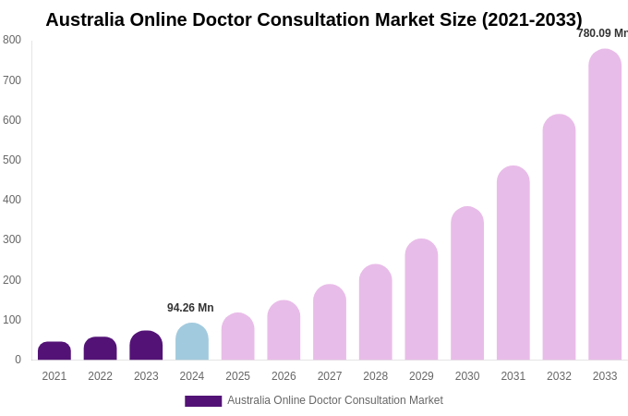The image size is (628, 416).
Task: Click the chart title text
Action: pyautogui.click(x=314, y=19)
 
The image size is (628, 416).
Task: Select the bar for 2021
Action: pyautogui.click(x=54, y=351)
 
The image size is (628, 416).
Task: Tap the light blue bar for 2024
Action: pyautogui.click(x=192, y=342)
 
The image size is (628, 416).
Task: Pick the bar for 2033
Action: pyautogui.click(x=605, y=205)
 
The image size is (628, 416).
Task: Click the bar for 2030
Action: pyautogui.click(x=467, y=284)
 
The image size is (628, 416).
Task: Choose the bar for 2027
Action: pyautogui.click(x=330, y=323)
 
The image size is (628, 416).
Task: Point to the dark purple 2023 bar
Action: pyautogui.click(x=146, y=346)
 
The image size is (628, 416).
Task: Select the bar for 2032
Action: pyautogui.click(x=559, y=238)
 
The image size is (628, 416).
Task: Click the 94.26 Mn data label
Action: pyautogui.click(x=190, y=308)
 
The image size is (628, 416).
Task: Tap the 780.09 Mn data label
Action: pyautogui.click(x=602, y=33)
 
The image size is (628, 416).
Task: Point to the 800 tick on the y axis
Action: pyautogui.click(x=12, y=40)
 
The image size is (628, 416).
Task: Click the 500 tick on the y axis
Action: pyautogui.click(x=12, y=160)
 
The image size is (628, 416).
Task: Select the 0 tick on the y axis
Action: pyautogui.click(x=18, y=360)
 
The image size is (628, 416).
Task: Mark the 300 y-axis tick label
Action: pyautogui.click(x=12, y=239)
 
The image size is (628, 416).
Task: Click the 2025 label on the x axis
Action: pyautogui.click(x=237, y=376)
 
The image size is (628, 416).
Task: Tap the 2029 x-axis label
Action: pyautogui.click(x=421, y=376)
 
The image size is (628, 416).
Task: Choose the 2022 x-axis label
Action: pyautogui.click(x=100, y=376)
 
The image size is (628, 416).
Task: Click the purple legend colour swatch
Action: pyautogui.click(x=203, y=401)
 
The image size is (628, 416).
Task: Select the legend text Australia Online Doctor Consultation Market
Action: pyautogui.click(x=335, y=400)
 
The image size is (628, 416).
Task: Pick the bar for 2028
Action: pyautogui.click(x=376, y=312)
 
